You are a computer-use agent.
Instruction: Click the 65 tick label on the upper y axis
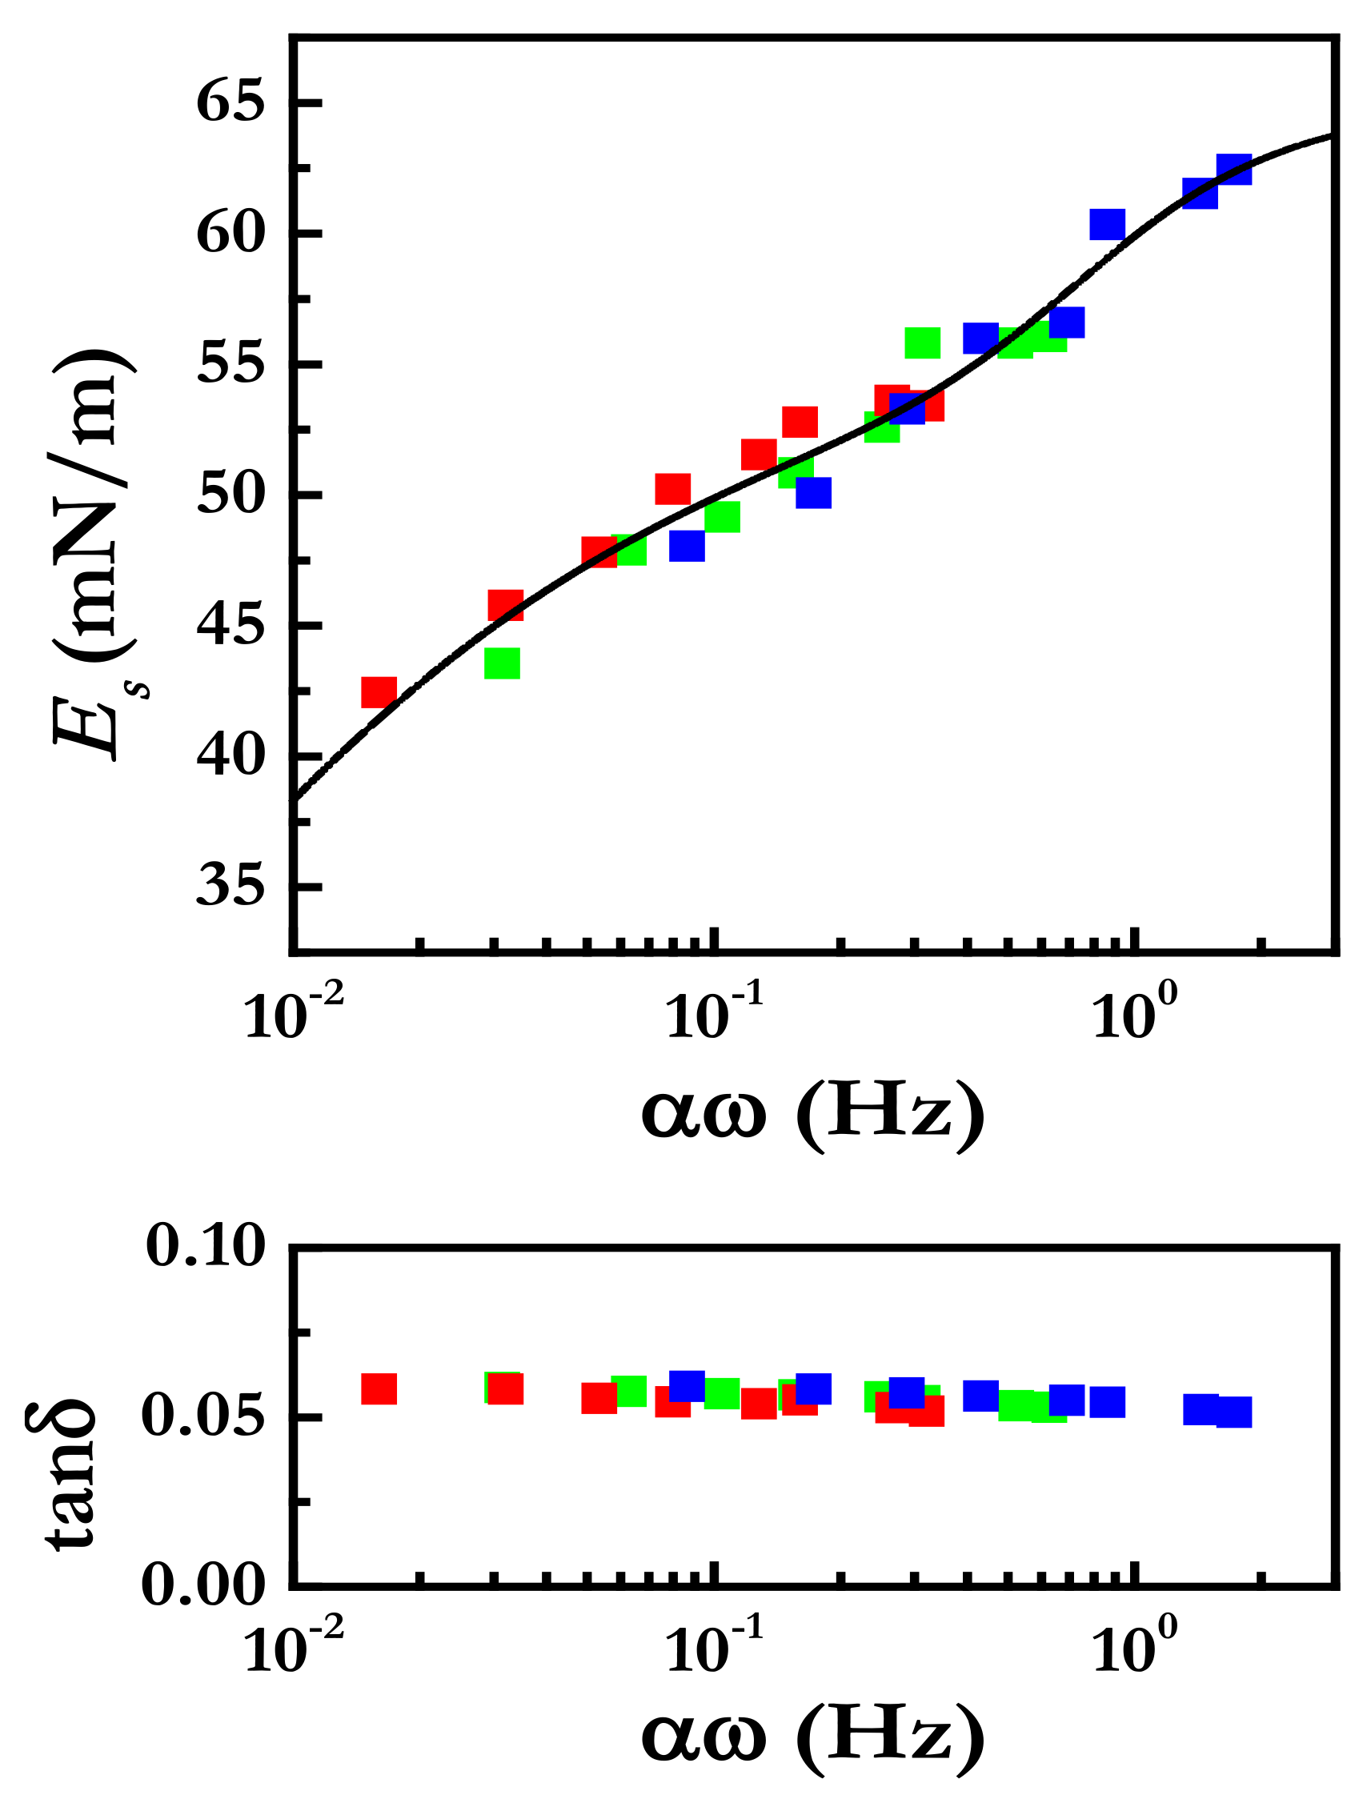231,104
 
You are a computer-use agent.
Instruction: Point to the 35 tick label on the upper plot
231,886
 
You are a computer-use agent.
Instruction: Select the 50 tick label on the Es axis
231,495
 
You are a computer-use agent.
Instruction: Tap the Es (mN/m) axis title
91,555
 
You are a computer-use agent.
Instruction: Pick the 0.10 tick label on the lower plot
206,1248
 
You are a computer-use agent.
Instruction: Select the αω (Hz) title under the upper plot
813,1114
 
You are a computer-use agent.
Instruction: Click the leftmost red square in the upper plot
379,691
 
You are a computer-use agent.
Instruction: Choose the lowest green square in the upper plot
502,663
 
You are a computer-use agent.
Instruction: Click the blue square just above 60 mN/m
1107,223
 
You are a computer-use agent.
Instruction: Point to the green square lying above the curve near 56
923,343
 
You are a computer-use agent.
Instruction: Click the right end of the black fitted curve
1332,135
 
